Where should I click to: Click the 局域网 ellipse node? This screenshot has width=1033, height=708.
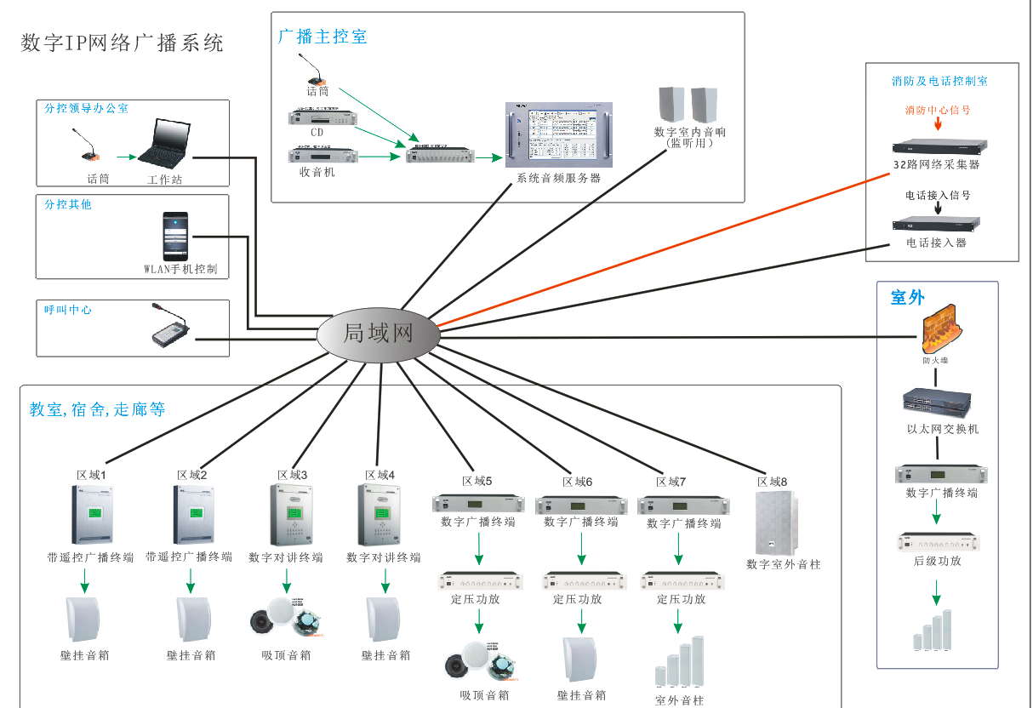pos(379,333)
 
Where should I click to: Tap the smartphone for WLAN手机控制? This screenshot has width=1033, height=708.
pos(176,237)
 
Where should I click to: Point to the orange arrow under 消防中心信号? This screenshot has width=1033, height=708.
pos(938,124)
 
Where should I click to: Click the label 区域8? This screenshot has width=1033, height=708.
pos(772,482)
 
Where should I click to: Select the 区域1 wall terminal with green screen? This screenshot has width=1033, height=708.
pos(91,514)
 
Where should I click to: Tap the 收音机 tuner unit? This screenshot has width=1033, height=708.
pos(322,155)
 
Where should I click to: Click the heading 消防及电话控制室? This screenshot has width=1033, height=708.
pos(939,82)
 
